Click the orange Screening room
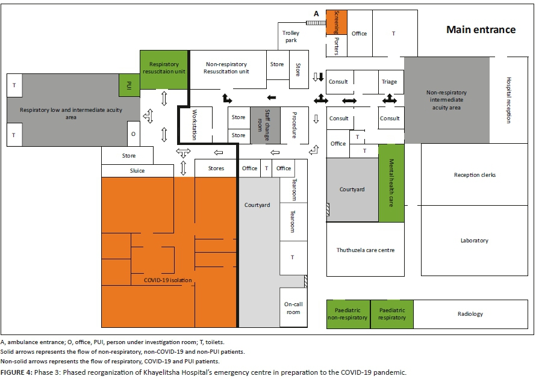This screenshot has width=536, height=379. [x=337, y=21]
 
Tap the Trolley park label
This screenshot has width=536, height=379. [x=291, y=37]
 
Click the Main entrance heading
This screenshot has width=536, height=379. [x=481, y=29]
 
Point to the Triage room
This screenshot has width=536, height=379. [x=389, y=82]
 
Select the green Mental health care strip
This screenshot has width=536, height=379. [x=391, y=183]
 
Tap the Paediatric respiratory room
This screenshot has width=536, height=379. [x=392, y=314]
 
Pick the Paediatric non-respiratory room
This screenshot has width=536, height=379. [x=347, y=314]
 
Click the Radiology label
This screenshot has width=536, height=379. [x=470, y=314]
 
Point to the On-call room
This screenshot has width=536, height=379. [x=293, y=308]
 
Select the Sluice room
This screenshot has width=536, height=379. [x=137, y=171]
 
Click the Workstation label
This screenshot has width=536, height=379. [x=194, y=125]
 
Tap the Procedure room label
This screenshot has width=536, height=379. [x=294, y=125]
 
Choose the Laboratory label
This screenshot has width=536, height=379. [x=474, y=241]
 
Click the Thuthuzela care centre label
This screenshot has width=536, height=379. [x=366, y=250]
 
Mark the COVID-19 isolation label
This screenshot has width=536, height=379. [x=168, y=280]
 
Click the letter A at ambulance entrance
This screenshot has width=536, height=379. [x=315, y=14]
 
